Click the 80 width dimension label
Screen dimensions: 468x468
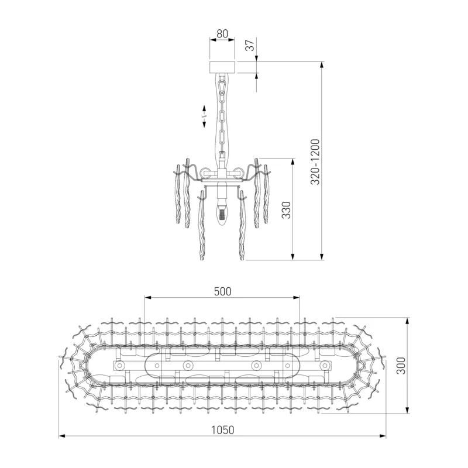tap(222, 34)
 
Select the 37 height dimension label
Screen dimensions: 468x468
tap(250, 45)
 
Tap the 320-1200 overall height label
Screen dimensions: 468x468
tap(315, 161)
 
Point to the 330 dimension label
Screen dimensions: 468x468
tap(286, 210)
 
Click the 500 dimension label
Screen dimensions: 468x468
tap(223, 291)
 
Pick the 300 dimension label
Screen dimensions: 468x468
tap(401, 366)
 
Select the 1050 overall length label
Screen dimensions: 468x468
tap(223, 430)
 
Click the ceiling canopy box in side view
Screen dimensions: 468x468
tap(222, 67)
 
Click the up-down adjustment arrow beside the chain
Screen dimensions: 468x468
tap(204, 116)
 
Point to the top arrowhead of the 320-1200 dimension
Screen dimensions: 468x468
tap(322, 66)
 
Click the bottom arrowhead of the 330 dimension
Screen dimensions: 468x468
tap(293, 256)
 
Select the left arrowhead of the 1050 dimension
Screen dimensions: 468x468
tap(63, 436)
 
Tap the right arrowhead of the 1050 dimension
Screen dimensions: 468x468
tap(383, 436)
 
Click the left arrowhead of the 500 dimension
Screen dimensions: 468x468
tap(149, 297)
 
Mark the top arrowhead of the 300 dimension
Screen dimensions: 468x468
tap(407, 322)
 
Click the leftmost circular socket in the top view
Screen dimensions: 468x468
tap(120, 364)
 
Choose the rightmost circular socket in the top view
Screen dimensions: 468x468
tap(325, 365)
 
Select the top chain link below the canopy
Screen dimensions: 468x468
tap(222, 85)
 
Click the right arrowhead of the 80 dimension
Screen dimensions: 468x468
tap(232, 39)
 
